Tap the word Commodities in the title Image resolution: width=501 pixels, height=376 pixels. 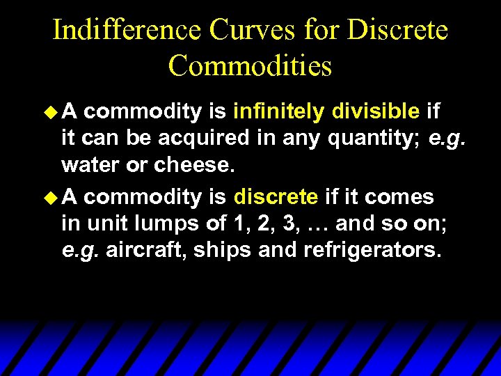point(250,66)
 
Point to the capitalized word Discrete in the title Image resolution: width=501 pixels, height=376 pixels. point(397,31)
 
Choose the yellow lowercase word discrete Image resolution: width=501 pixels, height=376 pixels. point(276,196)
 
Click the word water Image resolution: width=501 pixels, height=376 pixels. point(88,166)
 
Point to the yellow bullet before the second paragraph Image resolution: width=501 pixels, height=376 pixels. point(49,197)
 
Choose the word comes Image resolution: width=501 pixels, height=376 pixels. point(400,197)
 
